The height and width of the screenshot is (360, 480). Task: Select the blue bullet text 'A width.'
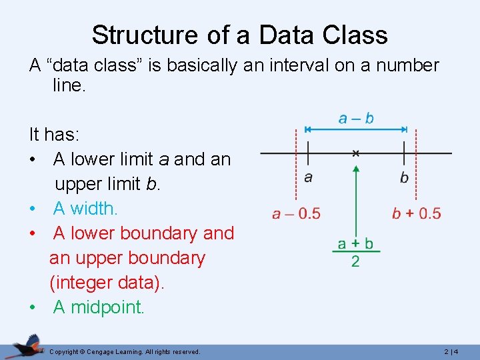(85, 209)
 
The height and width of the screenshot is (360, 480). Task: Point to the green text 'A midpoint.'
(99, 307)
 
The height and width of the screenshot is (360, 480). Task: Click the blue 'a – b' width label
(356, 119)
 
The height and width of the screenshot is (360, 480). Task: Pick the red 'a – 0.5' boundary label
(296, 213)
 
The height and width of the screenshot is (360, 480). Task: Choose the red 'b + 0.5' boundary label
(416, 213)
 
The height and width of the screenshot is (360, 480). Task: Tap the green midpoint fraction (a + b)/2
(355, 251)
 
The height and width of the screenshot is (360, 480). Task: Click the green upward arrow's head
(356, 170)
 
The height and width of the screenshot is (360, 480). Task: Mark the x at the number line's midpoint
(356, 153)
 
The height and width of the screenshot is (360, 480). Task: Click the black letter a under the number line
(308, 177)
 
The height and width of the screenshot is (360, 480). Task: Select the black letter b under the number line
(404, 178)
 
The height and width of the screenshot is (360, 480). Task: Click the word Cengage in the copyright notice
(100, 351)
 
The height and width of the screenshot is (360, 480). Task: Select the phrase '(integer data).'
(107, 282)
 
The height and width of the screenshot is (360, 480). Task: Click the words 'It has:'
(54, 135)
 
